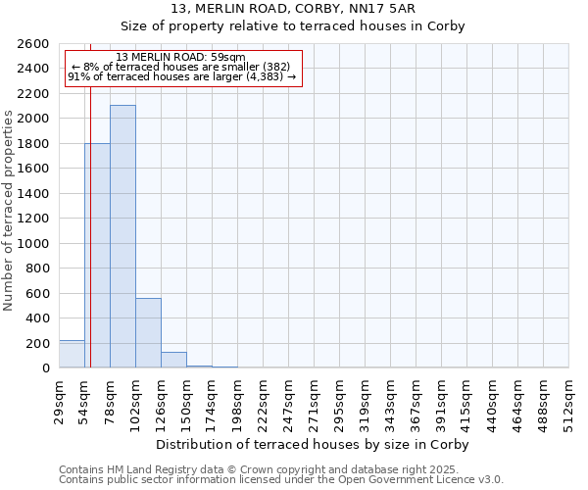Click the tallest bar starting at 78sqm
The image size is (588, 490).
[122, 236]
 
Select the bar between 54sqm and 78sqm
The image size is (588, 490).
[97, 256]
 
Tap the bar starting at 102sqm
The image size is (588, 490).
[148, 333]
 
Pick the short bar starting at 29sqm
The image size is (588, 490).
[72, 355]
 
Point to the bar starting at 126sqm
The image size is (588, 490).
[173, 360]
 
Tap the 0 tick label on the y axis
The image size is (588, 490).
[45, 368]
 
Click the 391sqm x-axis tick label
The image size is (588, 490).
[442, 403]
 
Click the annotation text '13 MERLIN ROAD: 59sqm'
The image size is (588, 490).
[180, 58]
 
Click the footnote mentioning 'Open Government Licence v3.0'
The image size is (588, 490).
[280, 480]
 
